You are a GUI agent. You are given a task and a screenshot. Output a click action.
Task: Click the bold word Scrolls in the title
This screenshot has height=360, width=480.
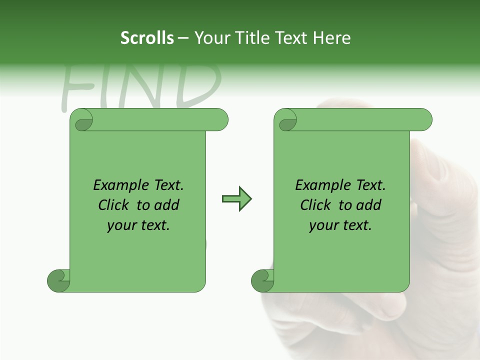(147, 38)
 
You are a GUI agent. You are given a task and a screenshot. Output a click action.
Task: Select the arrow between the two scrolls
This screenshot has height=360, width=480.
(236, 199)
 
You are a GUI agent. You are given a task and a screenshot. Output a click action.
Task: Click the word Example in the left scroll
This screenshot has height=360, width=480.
(116, 185)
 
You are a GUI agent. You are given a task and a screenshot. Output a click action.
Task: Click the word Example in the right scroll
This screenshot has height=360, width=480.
(318, 185)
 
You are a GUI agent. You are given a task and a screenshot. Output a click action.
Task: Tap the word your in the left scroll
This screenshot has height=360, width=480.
(120, 226)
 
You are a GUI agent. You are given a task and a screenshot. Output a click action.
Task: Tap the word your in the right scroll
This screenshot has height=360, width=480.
(322, 226)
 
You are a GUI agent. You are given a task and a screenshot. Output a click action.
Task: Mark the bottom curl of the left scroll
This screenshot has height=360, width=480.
(58, 281)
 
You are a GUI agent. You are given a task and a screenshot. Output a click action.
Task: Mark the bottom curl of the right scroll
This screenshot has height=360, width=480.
(262, 281)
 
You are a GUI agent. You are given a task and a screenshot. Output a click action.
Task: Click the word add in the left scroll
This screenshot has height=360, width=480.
(167, 205)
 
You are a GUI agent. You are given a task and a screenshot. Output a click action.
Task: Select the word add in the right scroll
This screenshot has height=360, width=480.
(369, 205)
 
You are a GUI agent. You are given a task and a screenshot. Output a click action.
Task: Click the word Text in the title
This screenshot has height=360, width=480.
(290, 38)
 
